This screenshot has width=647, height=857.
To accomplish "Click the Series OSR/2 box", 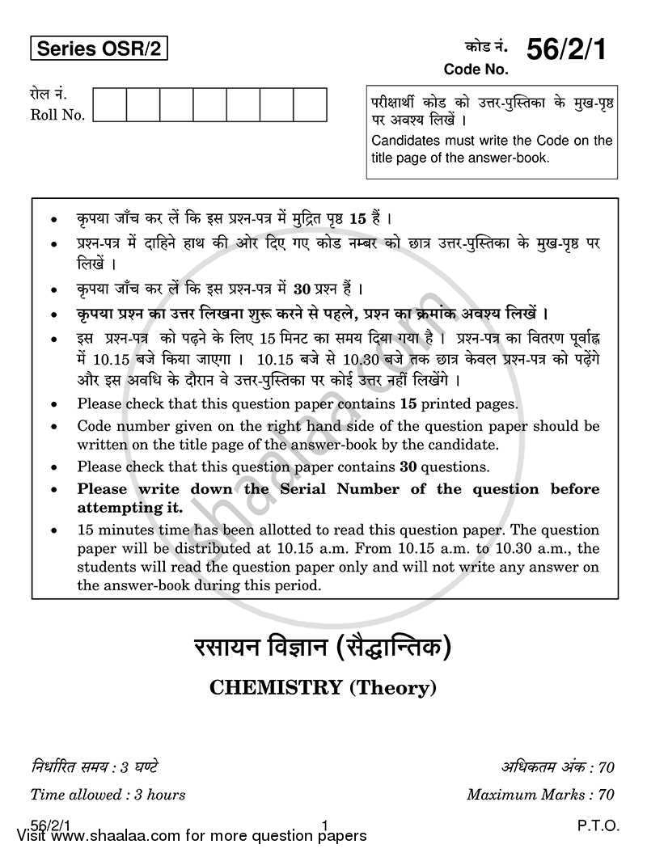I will [x=99, y=50].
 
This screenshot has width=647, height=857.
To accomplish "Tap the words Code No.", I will [x=476, y=70].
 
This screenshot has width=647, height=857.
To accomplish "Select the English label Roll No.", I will [x=57, y=115].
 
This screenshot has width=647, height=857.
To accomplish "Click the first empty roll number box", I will [x=110, y=105].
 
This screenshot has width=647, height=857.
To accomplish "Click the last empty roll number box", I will [x=310, y=105].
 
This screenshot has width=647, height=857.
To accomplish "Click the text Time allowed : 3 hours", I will [x=108, y=795].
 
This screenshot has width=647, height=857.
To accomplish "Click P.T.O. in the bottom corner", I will [x=599, y=825].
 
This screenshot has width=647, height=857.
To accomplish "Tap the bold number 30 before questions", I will [x=409, y=466].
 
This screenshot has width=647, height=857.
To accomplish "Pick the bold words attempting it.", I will [x=129, y=508].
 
